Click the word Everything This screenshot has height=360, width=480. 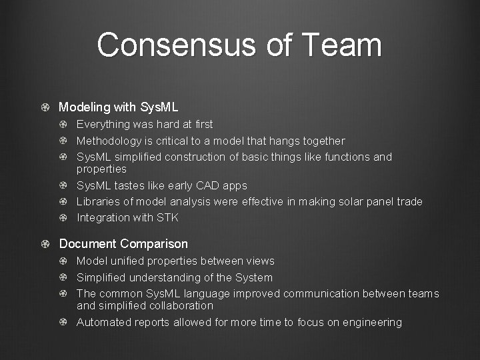(104, 125)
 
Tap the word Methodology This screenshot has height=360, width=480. (109, 141)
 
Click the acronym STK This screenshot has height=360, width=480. (167, 217)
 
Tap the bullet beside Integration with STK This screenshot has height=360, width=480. (62, 217)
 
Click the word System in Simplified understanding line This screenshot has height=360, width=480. (254, 277)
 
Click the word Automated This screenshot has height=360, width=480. (103, 323)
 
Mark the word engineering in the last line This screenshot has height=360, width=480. (370, 323)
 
